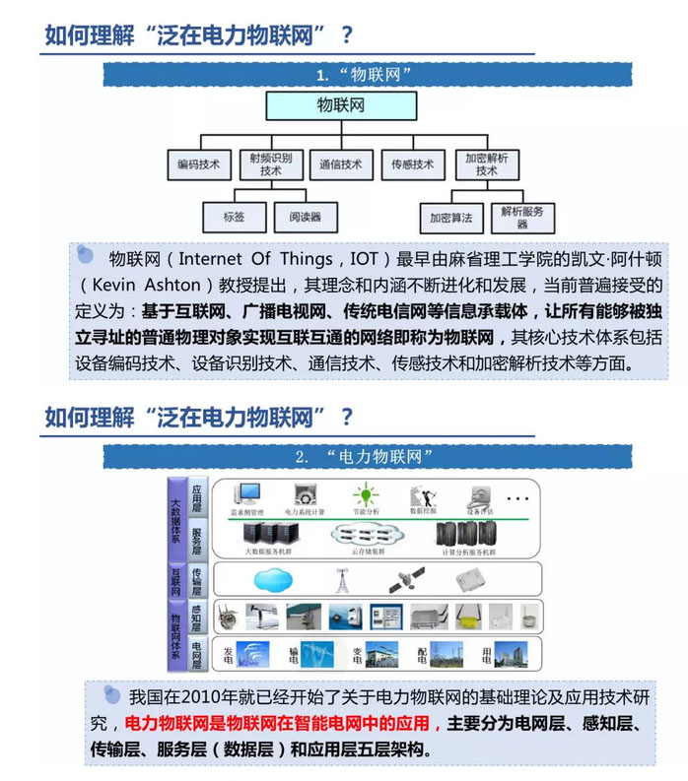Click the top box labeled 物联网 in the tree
pos(340,104)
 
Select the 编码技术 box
pos(198,164)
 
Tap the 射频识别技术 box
pos(270,164)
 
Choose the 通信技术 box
pos(340,164)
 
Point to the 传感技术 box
pos(412,164)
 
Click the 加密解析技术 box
pos(486,164)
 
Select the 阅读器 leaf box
pos(305,217)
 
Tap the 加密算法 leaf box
pos(450,217)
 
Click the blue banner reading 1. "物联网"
pos(363,75)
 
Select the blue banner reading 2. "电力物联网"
pos(363,456)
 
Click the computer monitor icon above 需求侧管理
pos(247,494)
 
